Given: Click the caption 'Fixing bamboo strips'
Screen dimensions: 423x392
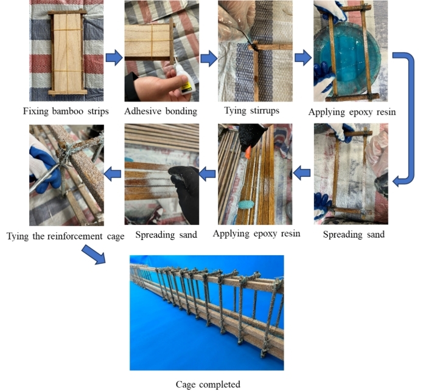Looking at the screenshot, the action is tap(66, 111).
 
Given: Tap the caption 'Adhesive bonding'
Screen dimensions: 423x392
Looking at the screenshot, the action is tap(161, 111).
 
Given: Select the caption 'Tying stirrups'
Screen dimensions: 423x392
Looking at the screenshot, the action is tap(252, 111).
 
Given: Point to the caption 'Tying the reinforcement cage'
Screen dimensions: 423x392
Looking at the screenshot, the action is tap(66, 236).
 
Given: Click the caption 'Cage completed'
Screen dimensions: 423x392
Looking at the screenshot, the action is tap(208, 384).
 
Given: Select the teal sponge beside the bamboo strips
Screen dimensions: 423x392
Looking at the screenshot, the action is tap(246, 204).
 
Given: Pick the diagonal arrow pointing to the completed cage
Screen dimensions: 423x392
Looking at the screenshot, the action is tap(93, 254).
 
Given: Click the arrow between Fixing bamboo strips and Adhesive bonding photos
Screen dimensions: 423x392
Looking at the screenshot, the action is tap(114, 57).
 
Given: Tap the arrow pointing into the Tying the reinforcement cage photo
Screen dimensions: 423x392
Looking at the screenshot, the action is tap(112, 174).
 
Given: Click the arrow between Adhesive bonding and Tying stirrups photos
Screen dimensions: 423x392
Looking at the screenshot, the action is tap(209, 58).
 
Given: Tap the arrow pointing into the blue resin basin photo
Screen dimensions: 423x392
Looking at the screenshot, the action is tap(303, 57).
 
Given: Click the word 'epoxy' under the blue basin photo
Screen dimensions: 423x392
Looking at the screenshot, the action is tap(358, 112).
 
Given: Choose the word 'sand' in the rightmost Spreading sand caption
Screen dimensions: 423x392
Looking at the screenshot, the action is tap(375, 235).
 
